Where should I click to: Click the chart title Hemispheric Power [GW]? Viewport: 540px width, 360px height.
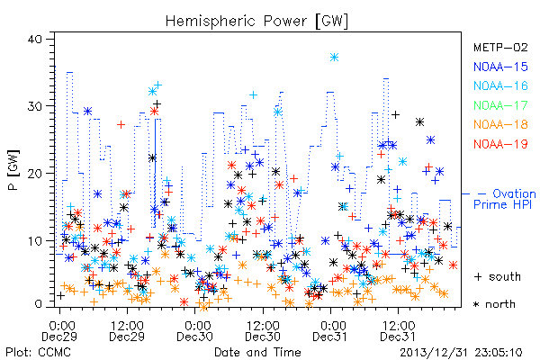pos(256,22)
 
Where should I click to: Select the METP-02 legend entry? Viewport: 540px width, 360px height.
pos(500,47)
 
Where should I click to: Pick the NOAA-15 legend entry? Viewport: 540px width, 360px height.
pos(500,67)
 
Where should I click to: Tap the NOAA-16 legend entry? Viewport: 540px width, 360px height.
pos(500,85)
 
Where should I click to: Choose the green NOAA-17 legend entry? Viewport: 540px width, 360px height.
pos(500,105)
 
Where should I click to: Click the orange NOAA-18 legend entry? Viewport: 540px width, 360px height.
pos(500,124)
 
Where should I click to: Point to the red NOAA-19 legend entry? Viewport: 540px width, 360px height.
pos(500,144)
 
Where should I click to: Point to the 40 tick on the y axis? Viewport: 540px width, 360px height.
pos(34,39)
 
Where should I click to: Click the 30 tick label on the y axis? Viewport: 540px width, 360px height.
pos(34,106)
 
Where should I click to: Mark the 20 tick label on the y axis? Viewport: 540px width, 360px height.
pos(34,174)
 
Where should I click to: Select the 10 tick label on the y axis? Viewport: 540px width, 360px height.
pos(34,240)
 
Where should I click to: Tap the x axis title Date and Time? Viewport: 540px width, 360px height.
pos(257,352)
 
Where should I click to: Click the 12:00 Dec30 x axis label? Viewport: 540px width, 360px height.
pos(263,331)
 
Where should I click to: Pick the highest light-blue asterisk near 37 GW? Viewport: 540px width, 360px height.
pos(334,58)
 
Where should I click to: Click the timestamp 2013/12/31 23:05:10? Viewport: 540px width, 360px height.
pos(461,353)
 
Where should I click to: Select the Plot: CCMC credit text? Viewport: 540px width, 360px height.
pos(38,353)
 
